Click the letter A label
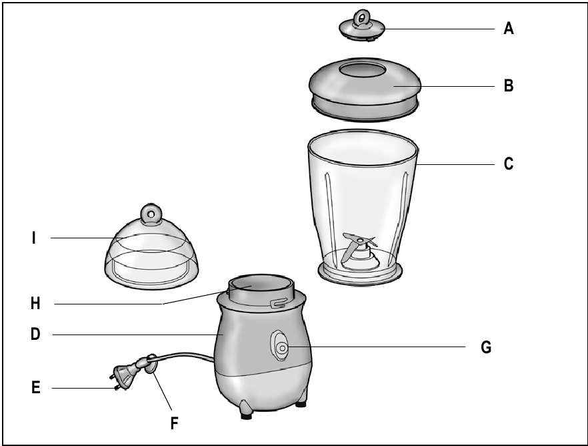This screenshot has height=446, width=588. [509, 29]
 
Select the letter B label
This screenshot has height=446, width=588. [509, 86]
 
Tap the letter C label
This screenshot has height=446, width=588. [509, 164]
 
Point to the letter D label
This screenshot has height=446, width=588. [35, 333]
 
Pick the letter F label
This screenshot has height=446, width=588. [174, 423]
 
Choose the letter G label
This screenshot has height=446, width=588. [486, 347]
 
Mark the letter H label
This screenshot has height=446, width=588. [35, 303]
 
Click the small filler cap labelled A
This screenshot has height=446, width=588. [363, 26]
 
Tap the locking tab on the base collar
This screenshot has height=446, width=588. [277, 304]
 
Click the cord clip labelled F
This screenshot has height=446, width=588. [151, 366]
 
